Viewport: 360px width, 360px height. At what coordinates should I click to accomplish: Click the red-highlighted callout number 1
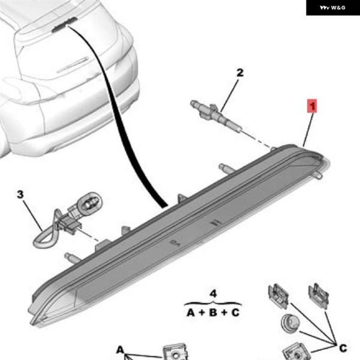pyautogui.click(x=312, y=106)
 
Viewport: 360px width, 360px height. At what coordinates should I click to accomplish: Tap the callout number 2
pyautogui.click(x=240, y=73)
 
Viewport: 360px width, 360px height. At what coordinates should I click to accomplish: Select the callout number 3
pyautogui.click(x=20, y=194)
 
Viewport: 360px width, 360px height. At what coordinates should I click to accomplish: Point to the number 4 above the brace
pyautogui.click(x=213, y=293)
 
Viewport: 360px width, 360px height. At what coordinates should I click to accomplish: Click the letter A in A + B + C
pyautogui.click(x=191, y=313)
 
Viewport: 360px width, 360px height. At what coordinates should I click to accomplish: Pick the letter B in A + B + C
pyautogui.click(x=213, y=313)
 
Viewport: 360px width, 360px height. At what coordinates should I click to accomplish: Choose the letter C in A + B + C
pyautogui.click(x=235, y=313)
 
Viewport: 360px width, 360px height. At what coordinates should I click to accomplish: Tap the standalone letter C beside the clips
pyautogui.click(x=343, y=348)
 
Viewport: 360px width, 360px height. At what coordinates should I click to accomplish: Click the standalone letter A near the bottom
pyautogui.click(x=121, y=350)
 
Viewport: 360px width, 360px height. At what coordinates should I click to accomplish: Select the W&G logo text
pyautogui.click(x=332, y=8)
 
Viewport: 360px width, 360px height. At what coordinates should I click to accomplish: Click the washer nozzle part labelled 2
pyautogui.click(x=215, y=115)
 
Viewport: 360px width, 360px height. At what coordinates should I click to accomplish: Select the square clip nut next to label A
pyautogui.click(x=175, y=352)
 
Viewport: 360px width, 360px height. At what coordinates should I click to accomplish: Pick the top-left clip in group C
pyautogui.click(x=278, y=296)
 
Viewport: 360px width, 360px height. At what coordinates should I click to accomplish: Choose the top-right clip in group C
pyautogui.click(x=318, y=295)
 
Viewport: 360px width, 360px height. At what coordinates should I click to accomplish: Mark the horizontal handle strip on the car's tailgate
pyautogui.click(x=73, y=65)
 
